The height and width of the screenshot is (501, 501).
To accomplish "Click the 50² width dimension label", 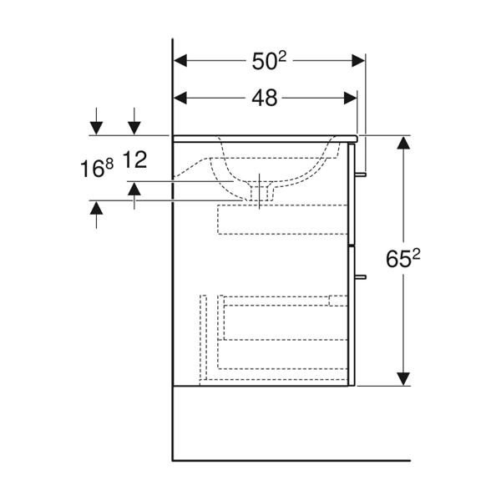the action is (269, 61).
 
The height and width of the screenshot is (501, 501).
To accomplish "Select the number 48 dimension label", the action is (264, 98).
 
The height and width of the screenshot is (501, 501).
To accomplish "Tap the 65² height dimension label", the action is (403, 259).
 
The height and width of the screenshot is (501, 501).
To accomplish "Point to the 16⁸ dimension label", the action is (97, 169).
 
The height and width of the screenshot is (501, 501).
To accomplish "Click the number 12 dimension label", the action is (134, 159).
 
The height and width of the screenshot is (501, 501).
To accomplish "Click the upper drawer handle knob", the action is (361, 175).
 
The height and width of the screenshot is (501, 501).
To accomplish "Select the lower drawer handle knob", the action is (361, 276).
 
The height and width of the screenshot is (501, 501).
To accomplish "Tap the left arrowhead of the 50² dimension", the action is (180, 61).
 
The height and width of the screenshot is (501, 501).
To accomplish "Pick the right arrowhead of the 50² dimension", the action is (358, 61).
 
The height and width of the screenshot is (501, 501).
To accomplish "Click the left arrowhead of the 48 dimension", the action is (180, 98).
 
